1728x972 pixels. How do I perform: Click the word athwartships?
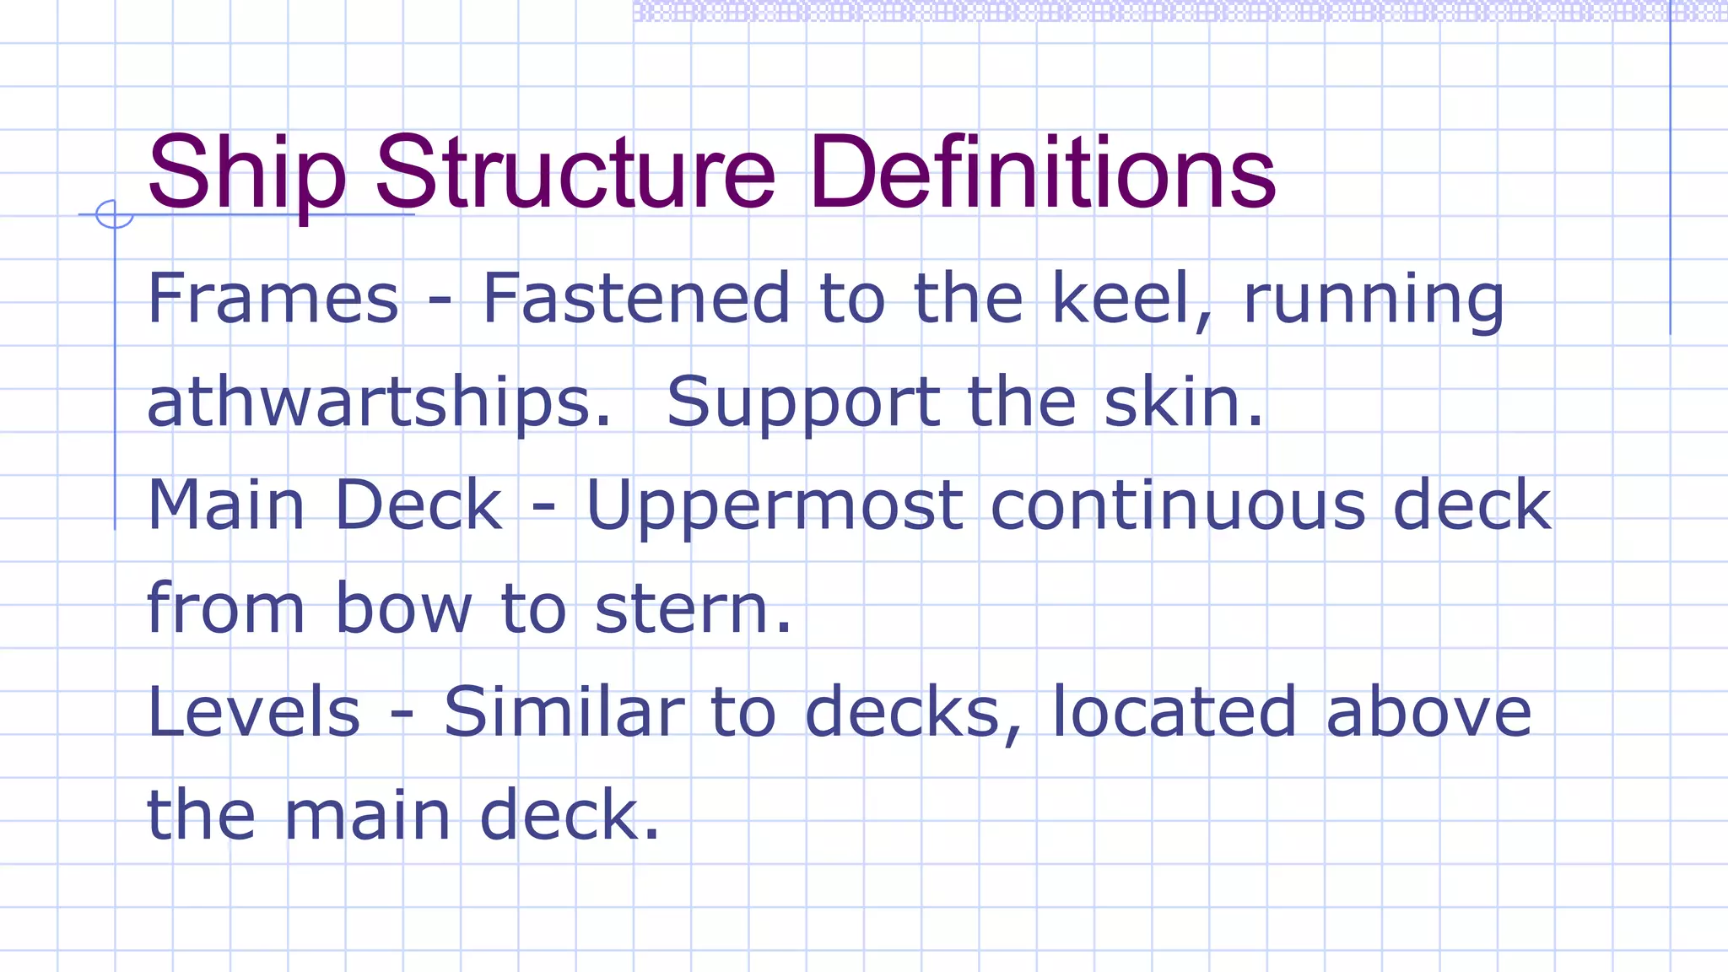(x=378, y=402)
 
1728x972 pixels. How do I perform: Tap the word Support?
(x=802, y=403)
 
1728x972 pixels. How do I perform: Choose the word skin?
(x=1183, y=402)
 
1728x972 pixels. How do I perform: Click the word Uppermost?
(x=774, y=506)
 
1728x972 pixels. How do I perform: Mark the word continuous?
(x=1177, y=505)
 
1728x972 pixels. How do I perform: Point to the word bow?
(x=403, y=608)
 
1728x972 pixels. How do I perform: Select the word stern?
(x=693, y=609)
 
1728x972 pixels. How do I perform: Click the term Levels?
(x=254, y=712)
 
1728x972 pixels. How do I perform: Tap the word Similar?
(x=564, y=712)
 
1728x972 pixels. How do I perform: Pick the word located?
(x=1174, y=712)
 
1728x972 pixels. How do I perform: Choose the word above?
(x=1428, y=712)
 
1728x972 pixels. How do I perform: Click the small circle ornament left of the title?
(x=114, y=214)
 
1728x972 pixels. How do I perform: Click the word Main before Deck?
(x=226, y=505)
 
